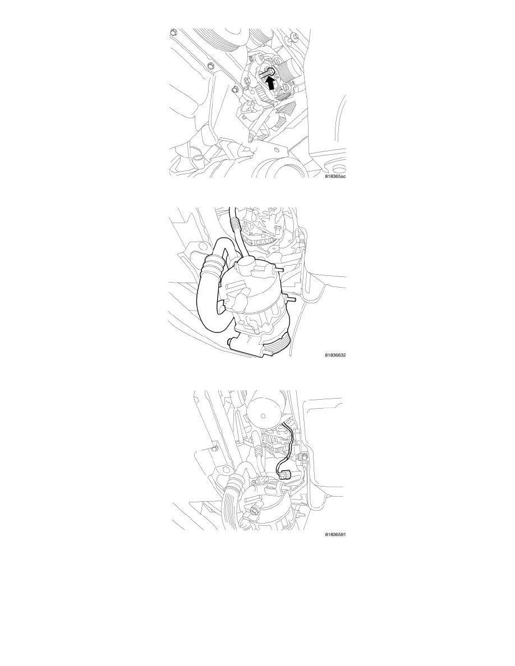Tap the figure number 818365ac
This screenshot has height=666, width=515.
point(335,176)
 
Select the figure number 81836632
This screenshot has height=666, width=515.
point(335,355)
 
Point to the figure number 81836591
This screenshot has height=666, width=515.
point(335,534)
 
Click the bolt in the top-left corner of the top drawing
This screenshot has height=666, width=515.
point(173,33)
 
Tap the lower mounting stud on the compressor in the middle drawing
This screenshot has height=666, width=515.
point(290,299)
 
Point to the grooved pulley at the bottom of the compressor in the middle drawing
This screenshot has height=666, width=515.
point(278,342)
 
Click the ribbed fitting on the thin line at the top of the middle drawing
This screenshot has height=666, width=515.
point(234,223)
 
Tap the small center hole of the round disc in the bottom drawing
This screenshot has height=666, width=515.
point(264,416)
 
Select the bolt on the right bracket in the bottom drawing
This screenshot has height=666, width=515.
point(304,457)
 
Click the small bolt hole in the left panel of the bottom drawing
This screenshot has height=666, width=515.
point(213,448)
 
